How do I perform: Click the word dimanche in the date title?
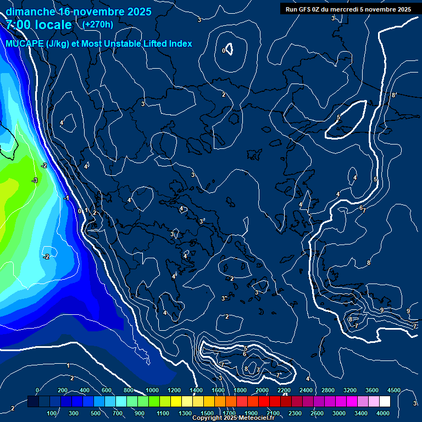click(30, 12)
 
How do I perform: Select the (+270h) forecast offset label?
click(98, 24)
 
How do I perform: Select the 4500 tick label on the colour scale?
click(393, 390)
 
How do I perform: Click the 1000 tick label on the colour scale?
click(152, 390)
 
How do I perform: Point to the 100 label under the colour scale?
click(53, 413)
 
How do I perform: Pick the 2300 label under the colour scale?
click(295, 413)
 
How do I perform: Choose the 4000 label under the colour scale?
click(383, 413)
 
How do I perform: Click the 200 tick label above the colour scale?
click(63, 390)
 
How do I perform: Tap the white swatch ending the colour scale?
click(385, 402)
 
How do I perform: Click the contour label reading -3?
click(35, 180)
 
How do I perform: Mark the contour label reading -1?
click(66, 198)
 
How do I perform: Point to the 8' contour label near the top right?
click(393, 95)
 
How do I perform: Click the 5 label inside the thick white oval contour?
click(338, 118)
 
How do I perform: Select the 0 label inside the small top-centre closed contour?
click(224, 51)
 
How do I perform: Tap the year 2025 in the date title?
click(140, 12)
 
